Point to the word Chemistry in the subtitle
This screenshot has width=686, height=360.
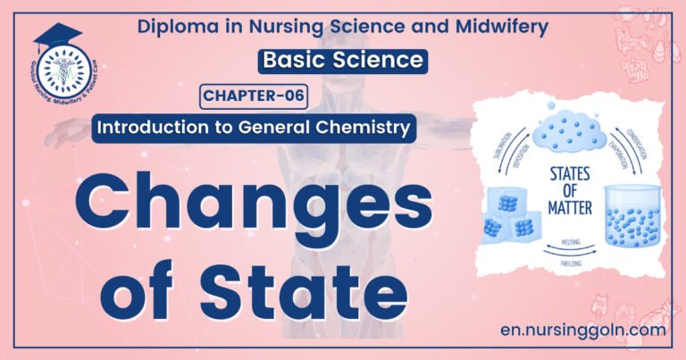(364, 127)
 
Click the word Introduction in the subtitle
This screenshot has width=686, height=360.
(146, 127)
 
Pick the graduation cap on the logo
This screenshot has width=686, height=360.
(57, 36)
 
